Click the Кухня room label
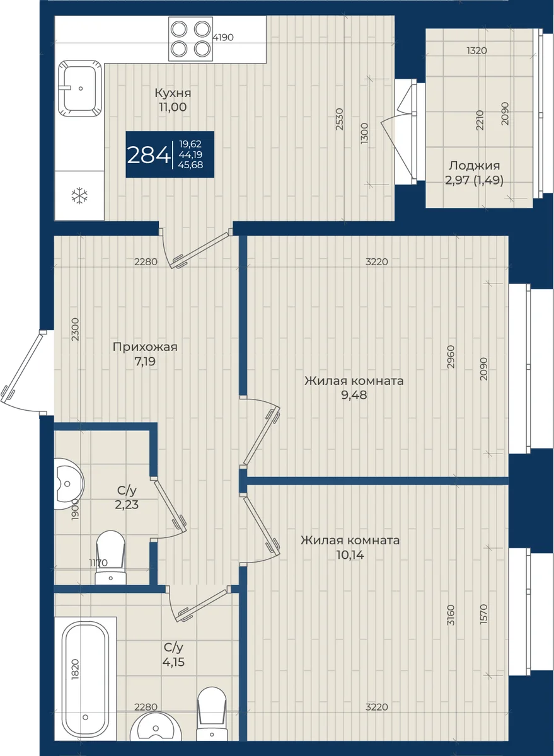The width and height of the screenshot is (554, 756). coord(173,93)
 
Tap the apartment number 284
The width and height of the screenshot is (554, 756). coord(149,155)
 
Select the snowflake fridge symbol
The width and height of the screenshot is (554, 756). coord(79,196)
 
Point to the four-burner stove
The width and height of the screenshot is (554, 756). coord(191,38)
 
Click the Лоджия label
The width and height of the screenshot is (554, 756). coord(475,166)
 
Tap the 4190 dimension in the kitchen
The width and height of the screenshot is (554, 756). coord(223,37)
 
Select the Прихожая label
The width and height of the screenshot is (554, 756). coord(145,347)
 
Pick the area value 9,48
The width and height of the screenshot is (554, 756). coord(354,395)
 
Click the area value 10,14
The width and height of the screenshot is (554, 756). coord(350,554)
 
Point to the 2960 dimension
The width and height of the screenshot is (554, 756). coord(451,357)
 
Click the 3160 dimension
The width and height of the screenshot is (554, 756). coord(451,615)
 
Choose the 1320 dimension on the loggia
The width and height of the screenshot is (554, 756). coord(477,50)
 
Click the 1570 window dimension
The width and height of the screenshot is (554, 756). coord(484,614)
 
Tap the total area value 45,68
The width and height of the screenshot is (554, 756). coord(191,164)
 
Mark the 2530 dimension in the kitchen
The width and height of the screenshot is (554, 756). coord(339,119)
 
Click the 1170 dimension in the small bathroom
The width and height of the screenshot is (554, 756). coord(98,563)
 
